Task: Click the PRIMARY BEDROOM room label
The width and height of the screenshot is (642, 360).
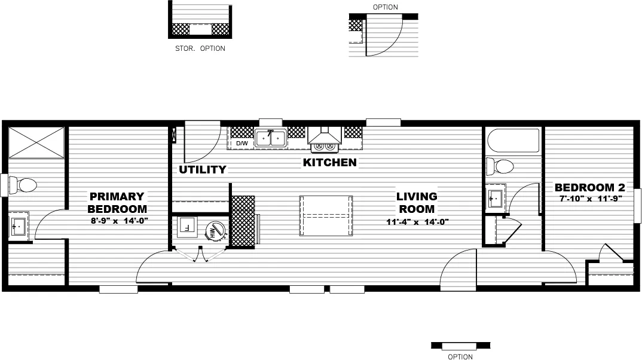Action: [117, 203]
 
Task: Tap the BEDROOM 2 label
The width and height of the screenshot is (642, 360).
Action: [589, 187]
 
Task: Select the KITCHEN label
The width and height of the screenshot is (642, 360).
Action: [329, 163]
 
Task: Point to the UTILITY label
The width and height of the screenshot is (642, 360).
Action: [203, 170]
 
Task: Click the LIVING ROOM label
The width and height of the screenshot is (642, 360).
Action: [417, 203]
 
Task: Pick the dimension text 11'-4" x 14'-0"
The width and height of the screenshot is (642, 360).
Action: [417, 222]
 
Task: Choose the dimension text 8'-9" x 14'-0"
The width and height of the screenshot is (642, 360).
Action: [118, 221]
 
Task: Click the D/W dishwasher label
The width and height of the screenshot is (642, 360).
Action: [241, 144]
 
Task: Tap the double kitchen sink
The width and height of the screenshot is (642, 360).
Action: [270, 139]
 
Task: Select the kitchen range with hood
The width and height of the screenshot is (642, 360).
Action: [325, 139]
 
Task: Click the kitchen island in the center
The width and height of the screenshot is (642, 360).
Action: [325, 216]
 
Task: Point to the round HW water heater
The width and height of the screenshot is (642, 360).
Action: [213, 231]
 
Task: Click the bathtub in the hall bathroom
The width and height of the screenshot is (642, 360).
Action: [513, 141]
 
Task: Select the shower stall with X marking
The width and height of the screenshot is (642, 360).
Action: [36, 142]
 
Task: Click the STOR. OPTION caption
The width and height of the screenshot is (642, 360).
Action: [200, 48]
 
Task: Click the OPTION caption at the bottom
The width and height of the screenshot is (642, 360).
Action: [460, 357]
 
